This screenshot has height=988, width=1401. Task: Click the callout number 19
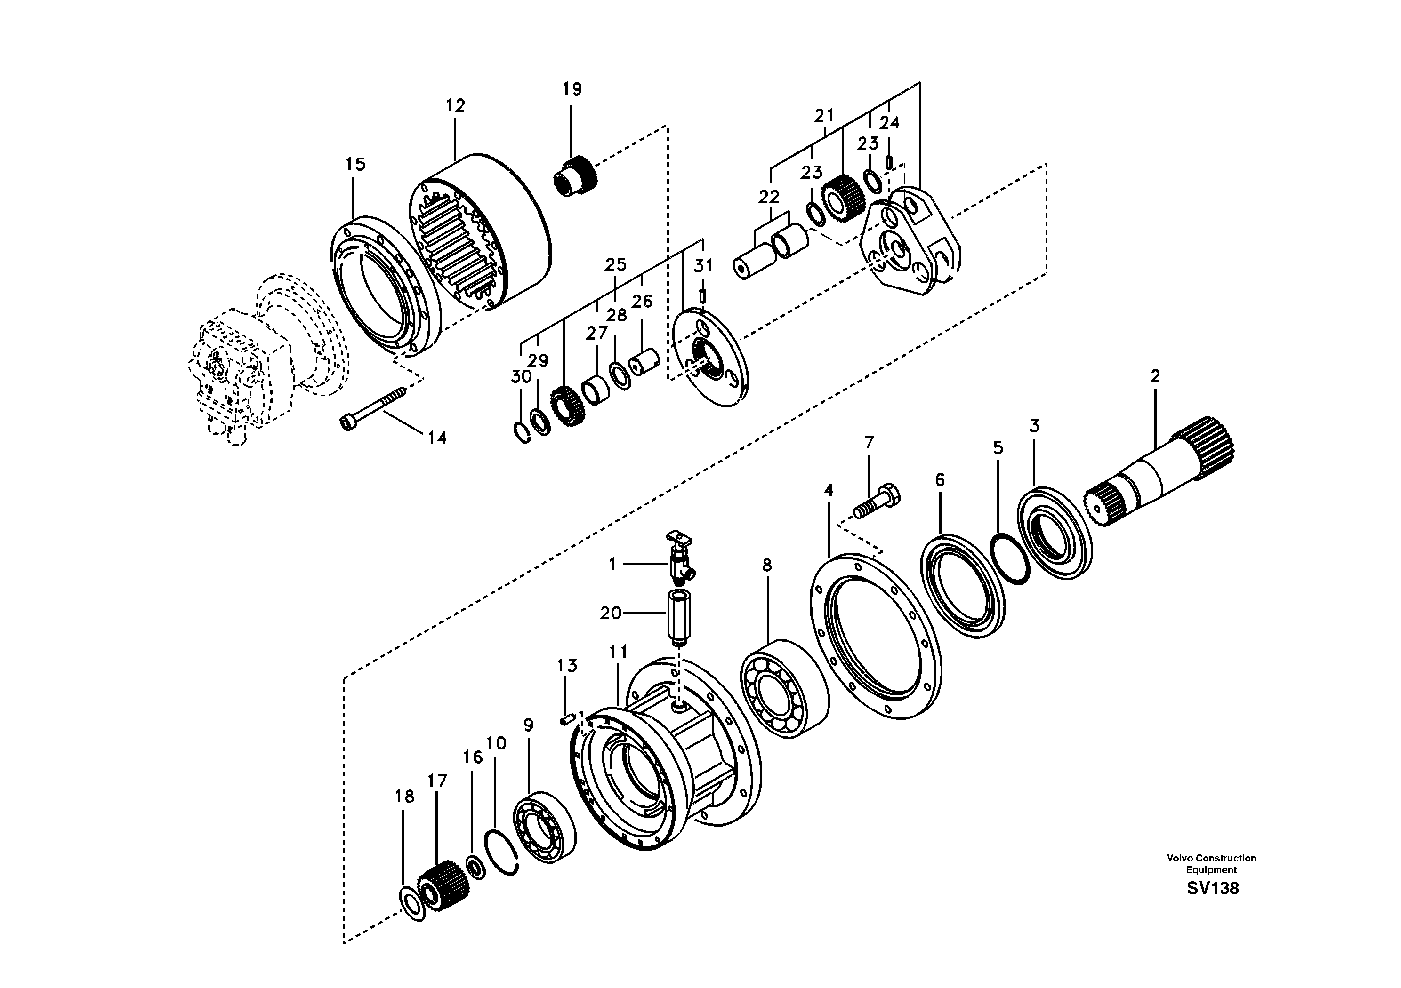[572, 89]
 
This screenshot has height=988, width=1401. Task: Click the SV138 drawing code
[1212, 889]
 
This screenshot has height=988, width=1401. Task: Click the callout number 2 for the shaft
[1154, 376]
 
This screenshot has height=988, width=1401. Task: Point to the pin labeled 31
[702, 295]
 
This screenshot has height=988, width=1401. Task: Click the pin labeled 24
[890, 162]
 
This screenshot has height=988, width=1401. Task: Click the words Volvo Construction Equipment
[1211, 864]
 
